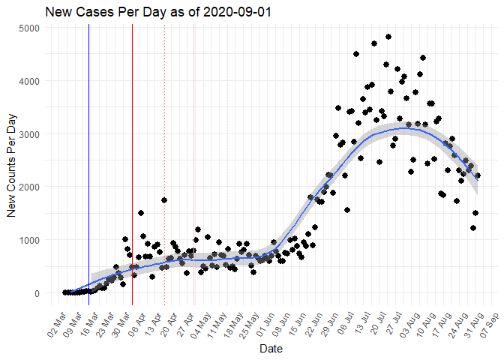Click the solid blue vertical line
(x=88, y=150)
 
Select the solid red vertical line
(x=132, y=150)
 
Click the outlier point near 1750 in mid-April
(x=163, y=200)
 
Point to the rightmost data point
(x=478, y=175)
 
